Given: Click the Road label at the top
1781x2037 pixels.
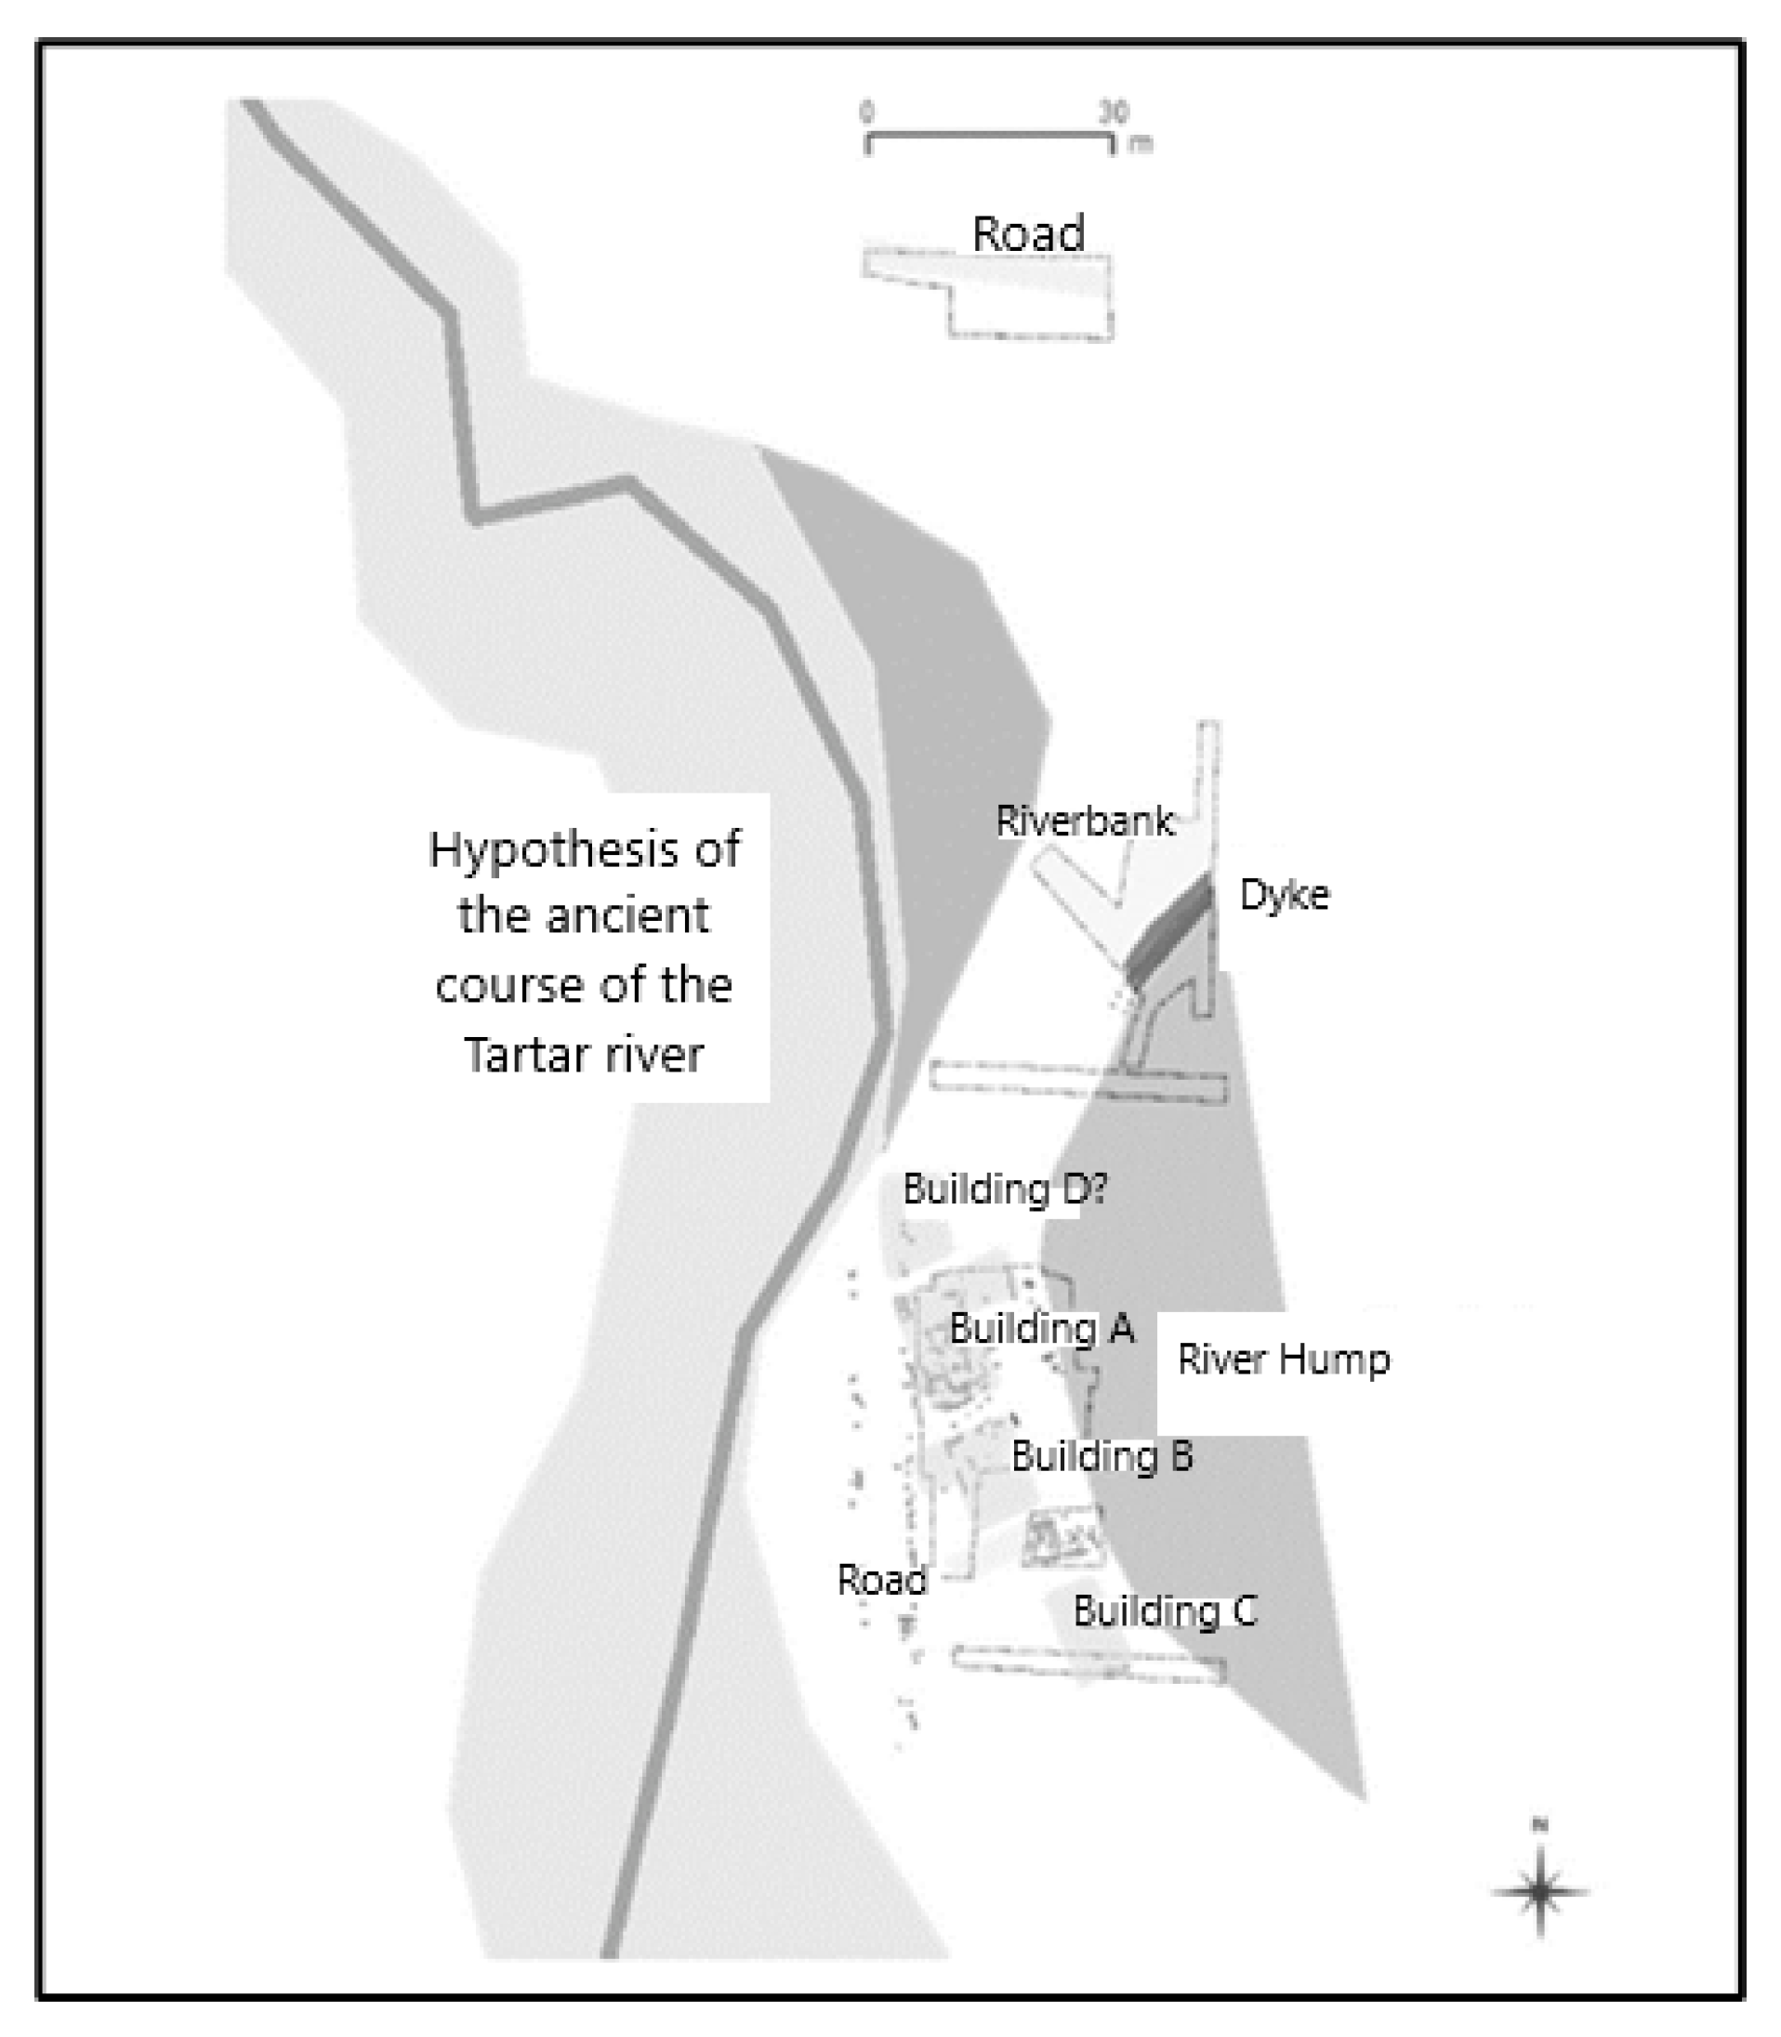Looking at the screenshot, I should (x=1028, y=233).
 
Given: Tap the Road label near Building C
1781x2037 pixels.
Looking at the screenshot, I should (x=881, y=1579).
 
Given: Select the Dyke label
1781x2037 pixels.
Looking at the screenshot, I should (x=1283, y=894).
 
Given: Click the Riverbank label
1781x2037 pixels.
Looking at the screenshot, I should (x=1084, y=821).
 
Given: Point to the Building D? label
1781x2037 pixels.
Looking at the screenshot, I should (x=1004, y=1189).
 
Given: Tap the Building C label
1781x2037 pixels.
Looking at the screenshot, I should (x=1165, y=1610).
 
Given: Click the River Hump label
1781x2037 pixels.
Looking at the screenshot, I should (x=1283, y=1359).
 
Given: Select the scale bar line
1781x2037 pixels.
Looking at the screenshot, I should (x=989, y=135).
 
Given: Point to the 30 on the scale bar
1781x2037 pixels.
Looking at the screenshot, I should (x=1115, y=112).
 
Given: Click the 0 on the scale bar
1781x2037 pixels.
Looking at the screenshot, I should (x=866, y=112).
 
